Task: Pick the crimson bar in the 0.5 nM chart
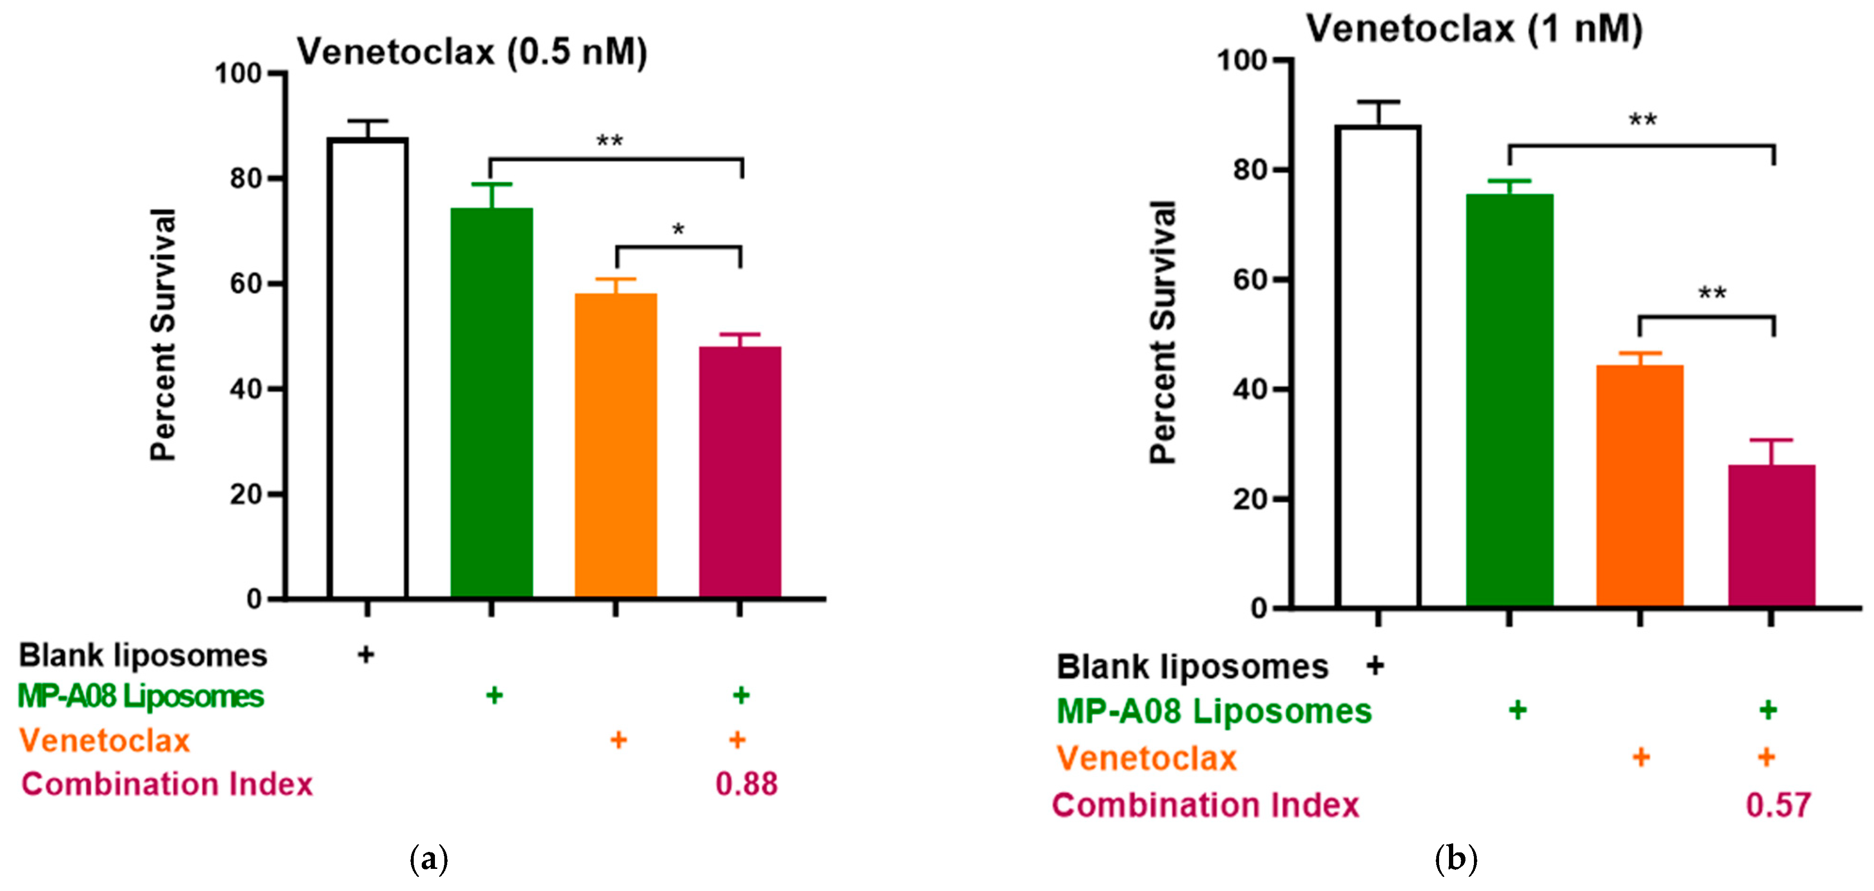pyautogui.click(x=740, y=473)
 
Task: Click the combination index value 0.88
pyautogui.click(x=746, y=784)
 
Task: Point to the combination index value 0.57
pyautogui.click(x=1778, y=805)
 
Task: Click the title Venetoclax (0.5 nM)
pyautogui.click(x=471, y=52)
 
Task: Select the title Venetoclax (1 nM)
pyautogui.click(x=1474, y=29)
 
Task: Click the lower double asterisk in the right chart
pyautogui.click(x=1712, y=294)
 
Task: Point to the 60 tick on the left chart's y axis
pyautogui.click(x=246, y=283)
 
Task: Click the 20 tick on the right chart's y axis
pyautogui.click(x=1250, y=500)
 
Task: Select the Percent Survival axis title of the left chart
pyautogui.click(x=163, y=334)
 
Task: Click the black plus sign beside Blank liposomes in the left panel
pyautogui.click(x=366, y=655)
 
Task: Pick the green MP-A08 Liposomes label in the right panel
pyautogui.click(x=1213, y=711)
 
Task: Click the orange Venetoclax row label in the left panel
pyautogui.click(x=104, y=740)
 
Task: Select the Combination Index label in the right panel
pyautogui.click(x=1205, y=805)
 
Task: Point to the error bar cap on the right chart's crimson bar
pyautogui.click(x=1771, y=440)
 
